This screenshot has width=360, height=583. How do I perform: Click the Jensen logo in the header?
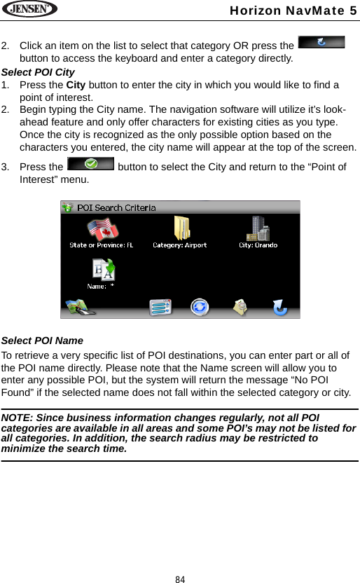(29, 10)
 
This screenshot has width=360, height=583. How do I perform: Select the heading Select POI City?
(39, 72)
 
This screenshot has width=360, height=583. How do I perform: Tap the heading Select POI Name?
(42, 341)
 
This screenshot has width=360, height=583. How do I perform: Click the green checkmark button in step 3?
(90, 166)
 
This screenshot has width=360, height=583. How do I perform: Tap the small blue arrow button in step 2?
(321, 42)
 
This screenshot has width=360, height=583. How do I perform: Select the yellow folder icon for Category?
(181, 228)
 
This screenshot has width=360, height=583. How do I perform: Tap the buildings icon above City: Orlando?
(258, 228)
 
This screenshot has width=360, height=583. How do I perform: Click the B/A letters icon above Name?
(102, 270)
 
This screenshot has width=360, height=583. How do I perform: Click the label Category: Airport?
(180, 245)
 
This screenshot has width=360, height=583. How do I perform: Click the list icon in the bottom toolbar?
(160, 307)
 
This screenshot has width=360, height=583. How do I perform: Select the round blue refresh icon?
(200, 307)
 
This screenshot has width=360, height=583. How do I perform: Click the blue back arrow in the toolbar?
(279, 307)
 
